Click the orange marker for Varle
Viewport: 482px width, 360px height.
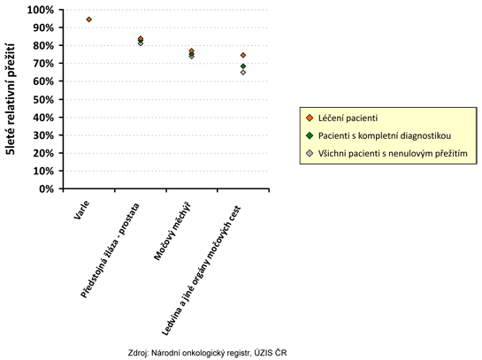click(x=88, y=19)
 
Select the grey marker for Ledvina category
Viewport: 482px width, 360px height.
click(x=243, y=73)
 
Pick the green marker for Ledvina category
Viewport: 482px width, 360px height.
click(x=243, y=66)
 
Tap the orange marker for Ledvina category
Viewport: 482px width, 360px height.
click(x=243, y=55)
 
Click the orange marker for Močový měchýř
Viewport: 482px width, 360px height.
click(x=192, y=50)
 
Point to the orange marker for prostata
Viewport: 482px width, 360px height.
click(x=141, y=38)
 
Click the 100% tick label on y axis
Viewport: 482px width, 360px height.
click(x=41, y=10)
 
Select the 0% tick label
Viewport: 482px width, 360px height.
click(x=46, y=188)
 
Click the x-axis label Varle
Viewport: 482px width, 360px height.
click(x=81, y=210)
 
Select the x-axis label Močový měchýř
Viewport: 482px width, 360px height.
click(x=172, y=232)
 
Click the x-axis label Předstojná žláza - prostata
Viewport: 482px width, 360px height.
click(x=110, y=250)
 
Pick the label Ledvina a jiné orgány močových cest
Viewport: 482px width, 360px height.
click(x=202, y=271)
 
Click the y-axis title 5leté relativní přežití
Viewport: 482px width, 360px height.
click(x=10, y=99)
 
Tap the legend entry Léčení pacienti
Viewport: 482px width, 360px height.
click(x=348, y=118)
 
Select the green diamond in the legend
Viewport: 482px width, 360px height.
click(x=310, y=135)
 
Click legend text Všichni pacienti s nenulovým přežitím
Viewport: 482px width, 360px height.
click(x=393, y=153)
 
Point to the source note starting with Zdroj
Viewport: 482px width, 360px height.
click(x=208, y=353)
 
